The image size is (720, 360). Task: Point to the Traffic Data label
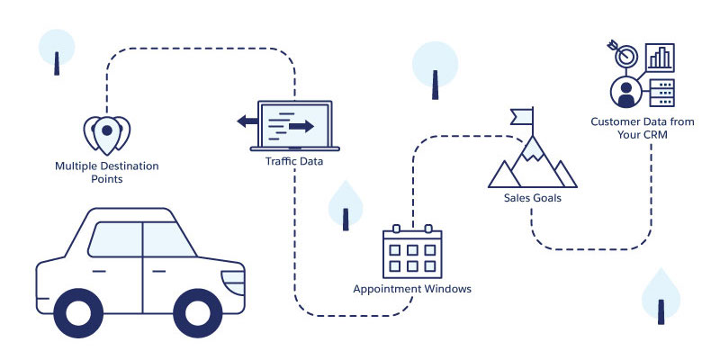click(294, 162)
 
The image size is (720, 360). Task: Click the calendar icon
click(412, 251)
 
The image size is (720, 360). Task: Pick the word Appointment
click(388, 290)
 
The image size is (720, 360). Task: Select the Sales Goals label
click(532, 198)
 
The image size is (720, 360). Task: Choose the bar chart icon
click(662, 56)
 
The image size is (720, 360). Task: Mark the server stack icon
click(662, 91)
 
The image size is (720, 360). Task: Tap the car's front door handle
click(158, 271)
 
